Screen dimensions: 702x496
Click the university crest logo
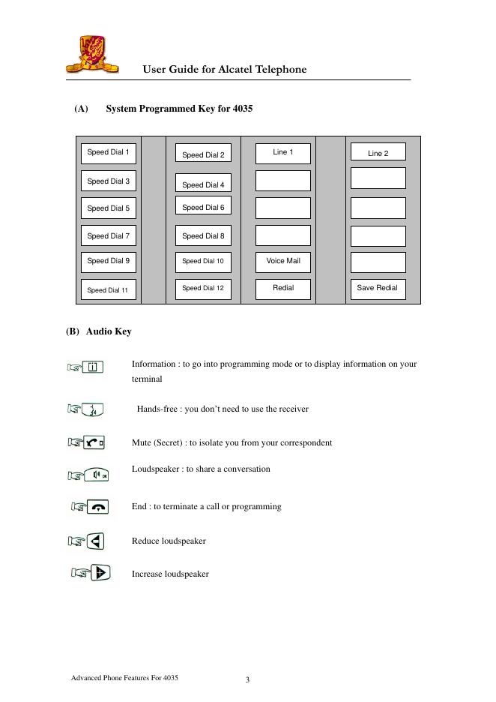[x=92, y=54]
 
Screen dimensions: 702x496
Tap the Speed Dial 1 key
[x=109, y=152]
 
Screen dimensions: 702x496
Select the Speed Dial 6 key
[x=203, y=208]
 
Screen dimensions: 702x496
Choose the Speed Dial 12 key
[x=203, y=288]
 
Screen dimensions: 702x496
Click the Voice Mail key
[x=283, y=261]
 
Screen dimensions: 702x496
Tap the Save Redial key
[x=378, y=288]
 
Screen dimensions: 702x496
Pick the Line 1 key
[x=283, y=152]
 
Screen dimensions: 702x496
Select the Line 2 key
[x=378, y=153]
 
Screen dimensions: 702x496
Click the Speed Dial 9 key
[x=109, y=261]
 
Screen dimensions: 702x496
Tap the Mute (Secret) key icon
[x=94, y=442]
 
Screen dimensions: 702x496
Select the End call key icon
[x=97, y=507]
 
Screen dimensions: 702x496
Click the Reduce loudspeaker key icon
[x=95, y=541]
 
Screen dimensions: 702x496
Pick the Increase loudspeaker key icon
[x=100, y=573]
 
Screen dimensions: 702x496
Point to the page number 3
[x=247, y=680]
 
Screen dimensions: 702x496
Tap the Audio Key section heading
[x=109, y=331]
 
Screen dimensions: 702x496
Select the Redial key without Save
[x=283, y=288]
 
